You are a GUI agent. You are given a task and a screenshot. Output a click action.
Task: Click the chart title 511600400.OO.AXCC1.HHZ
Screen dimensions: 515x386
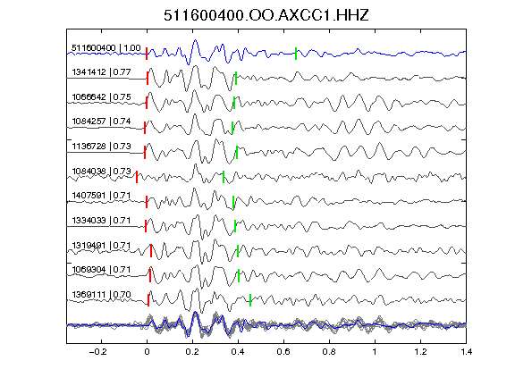(x=266, y=15)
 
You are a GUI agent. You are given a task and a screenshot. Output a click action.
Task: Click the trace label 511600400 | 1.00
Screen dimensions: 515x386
(x=106, y=48)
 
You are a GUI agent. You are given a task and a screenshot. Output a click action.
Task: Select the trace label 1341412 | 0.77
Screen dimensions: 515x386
(x=101, y=71)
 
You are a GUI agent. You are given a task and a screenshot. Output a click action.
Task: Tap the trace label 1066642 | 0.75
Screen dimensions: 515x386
(x=101, y=97)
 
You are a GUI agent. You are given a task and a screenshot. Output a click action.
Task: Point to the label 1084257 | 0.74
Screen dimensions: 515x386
(x=101, y=122)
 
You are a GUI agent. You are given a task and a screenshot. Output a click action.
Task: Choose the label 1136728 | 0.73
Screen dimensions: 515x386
(x=101, y=146)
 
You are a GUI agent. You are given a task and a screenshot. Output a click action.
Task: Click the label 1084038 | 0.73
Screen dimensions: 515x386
(x=101, y=172)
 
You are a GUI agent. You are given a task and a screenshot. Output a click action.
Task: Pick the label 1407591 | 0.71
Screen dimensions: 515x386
(x=101, y=196)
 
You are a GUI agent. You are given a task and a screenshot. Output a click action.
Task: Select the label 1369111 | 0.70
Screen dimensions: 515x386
(x=101, y=295)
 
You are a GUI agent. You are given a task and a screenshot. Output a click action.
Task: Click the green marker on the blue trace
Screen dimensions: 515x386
(x=296, y=54)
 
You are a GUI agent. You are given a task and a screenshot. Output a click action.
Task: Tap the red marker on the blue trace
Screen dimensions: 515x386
(x=147, y=54)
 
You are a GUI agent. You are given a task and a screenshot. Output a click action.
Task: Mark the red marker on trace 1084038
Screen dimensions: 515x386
(x=137, y=177)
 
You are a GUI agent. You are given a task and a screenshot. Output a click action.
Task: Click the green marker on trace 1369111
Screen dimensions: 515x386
(x=250, y=300)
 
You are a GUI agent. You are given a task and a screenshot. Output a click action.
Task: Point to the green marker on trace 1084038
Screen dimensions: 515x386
(x=224, y=177)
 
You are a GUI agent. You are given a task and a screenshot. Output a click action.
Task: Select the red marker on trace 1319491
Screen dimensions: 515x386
(x=151, y=251)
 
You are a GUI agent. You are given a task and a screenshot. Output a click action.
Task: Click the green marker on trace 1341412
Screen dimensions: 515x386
(x=236, y=78)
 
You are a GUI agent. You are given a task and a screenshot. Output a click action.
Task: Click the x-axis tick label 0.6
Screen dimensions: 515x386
(x=283, y=352)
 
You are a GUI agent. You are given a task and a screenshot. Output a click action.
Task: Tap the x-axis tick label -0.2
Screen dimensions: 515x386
(x=97, y=352)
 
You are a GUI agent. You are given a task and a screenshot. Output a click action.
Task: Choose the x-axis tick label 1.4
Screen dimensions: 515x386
(x=466, y=352)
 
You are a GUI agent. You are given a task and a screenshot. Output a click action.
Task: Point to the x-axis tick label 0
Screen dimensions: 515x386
(x=147, y=352)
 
